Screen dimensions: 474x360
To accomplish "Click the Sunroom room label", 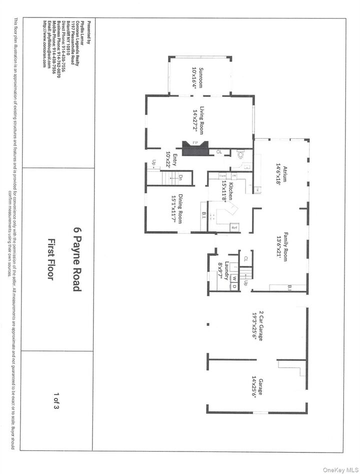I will tap(201, 77).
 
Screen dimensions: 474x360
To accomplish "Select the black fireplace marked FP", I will tap(195, 148).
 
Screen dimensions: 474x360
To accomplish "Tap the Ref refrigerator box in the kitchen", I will tap(233, 227).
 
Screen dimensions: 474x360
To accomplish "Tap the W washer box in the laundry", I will tap(233, 278).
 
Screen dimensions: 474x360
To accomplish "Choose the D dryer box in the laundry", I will tap(233, 286).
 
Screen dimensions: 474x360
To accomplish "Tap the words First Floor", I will tap(50, 259).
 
